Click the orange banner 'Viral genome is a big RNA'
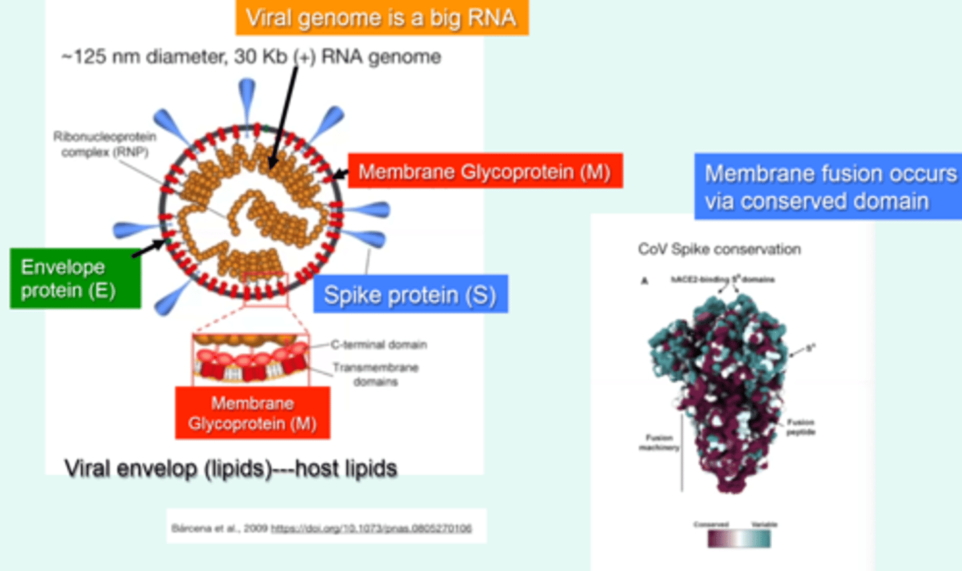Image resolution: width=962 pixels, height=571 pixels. pyautogui.click(x=381, y=18)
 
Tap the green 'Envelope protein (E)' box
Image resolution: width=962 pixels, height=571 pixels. pyautogui.click(x=75, y=278)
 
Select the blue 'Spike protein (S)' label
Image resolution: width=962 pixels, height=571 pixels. pyautogui.click(x=410, y=295)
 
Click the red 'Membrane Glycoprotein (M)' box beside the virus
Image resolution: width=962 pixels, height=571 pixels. pyautogui.click(x=485, y=172)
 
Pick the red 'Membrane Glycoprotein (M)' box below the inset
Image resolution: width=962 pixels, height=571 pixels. pyautogui.click(x=253, y=413)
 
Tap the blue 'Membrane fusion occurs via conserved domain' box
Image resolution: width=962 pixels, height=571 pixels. pyautogui.click(x=828, y=187)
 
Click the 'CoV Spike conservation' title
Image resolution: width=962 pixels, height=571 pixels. pyautogui.click(x=719, y=249)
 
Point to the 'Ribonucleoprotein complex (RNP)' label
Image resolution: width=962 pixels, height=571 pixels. pyautogui.click(x=105, y=144)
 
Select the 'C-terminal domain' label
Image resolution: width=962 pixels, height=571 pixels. pyautogui.click(x=379, y=345)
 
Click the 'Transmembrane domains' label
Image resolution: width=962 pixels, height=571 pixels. pyautogui.click(x=375, y=374)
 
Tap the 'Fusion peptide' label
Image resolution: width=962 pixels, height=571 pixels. pyautogui.click(x=800, y=427)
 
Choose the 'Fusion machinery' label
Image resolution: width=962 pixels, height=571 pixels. pyautogui.click(x=659, y=442)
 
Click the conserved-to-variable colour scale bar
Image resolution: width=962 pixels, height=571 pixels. pyautogui.click(x=739, y=538)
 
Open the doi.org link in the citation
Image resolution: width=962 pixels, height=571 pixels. pyautogui.click(x=371, y=528)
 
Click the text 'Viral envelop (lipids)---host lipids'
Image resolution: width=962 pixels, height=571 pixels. pyautogui.click(x=230, y=468)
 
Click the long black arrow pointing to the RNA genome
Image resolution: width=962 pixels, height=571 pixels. pyautogui.click(x=284, y=114)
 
